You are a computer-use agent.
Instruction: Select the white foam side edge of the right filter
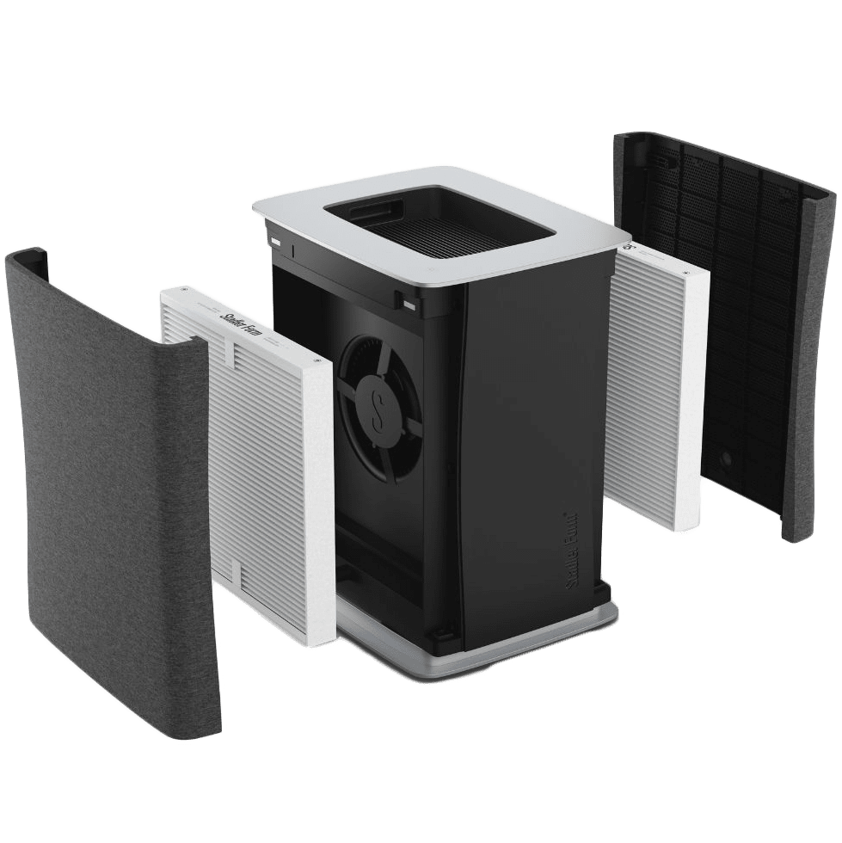692,396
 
